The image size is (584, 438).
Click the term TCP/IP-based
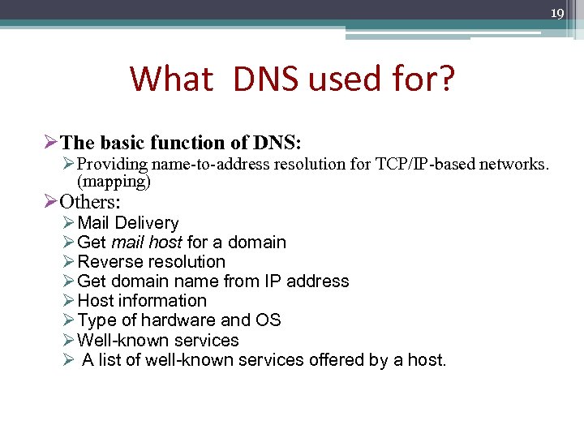424,165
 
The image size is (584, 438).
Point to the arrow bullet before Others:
50,202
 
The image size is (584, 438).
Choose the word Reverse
109,262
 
